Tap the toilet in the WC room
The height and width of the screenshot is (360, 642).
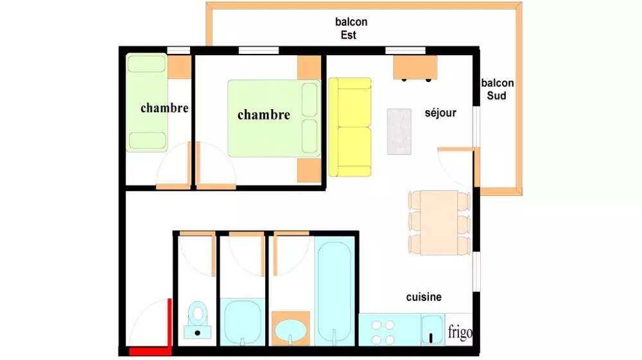tap(198, 320)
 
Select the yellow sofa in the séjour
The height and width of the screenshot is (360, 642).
tap(350, 127)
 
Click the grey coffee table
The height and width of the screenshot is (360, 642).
tap(399, 132)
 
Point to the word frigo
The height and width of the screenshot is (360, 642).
tap(460, 332)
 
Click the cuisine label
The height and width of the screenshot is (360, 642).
tap(424, 296)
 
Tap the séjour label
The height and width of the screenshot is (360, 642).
tap(440, 112)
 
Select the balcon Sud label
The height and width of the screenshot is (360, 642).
tap(497, 89)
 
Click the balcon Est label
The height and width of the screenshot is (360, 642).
tap(351, 28)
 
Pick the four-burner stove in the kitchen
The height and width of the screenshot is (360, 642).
tap(383, 332)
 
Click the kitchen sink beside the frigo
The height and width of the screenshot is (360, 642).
tap(432, 330)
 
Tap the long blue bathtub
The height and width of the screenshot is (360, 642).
tap(334, 291)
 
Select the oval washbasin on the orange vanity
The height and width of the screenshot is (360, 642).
tap(290, 330)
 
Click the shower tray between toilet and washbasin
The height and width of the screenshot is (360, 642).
tap(243, 322)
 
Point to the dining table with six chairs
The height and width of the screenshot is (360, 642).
tap(439, 222)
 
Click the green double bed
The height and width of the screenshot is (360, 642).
tap(274, 118)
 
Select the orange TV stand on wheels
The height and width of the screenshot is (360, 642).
tap(415, 68)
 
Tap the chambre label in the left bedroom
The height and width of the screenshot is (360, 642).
tap(164, 108)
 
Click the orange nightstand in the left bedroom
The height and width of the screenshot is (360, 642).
tap(179, 67)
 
